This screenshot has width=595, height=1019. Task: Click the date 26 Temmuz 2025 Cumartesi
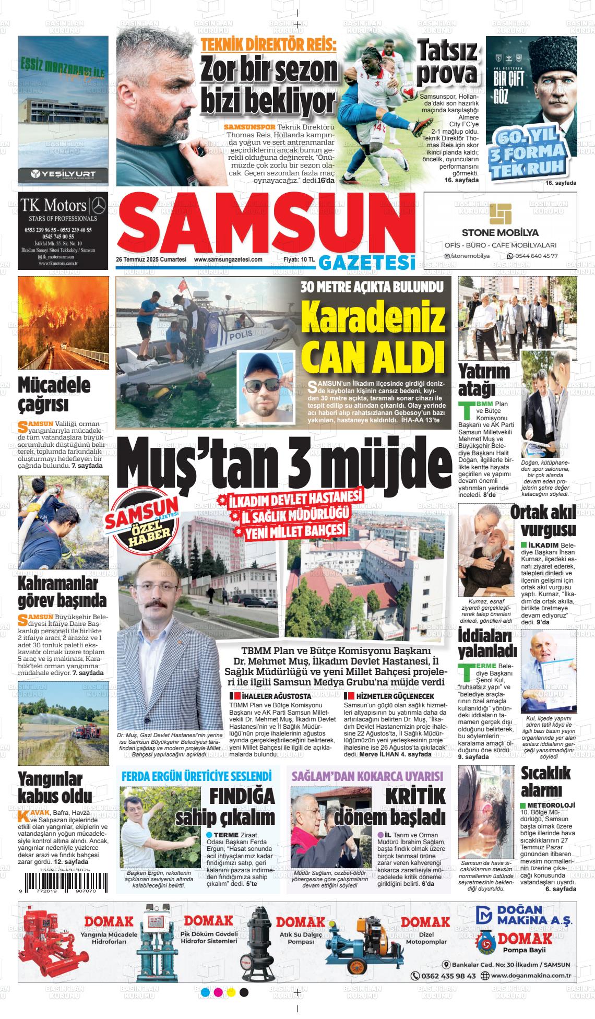point(151,259)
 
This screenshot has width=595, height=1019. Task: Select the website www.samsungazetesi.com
point(228,259)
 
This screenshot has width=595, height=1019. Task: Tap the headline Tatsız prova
point(448,63)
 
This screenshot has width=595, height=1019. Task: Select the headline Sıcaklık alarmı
point(546,781)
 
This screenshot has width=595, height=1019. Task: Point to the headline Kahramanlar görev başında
point(62,591)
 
